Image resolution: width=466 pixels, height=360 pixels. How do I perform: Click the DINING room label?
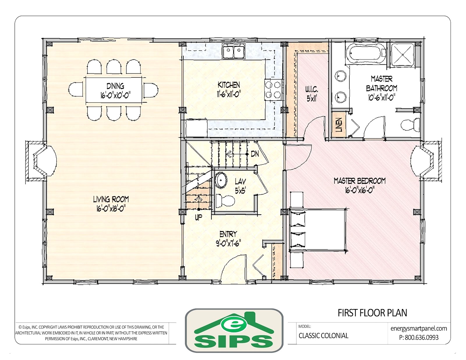click(115, 86)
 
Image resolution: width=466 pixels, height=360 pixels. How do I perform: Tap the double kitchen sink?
click(234, 52)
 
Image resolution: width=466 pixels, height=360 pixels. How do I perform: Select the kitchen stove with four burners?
click(273, 89)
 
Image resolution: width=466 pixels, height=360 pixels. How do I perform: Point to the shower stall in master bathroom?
click(403, 54)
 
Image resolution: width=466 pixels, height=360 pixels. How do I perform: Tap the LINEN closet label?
click(338, 125)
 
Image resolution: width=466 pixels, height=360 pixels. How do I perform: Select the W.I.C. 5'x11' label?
click(312, 94)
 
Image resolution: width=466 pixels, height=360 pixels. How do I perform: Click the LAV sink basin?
click(222, 180)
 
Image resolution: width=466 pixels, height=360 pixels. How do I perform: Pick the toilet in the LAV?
click(225, 200)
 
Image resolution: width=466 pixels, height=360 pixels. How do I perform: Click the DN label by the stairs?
click(255, 153)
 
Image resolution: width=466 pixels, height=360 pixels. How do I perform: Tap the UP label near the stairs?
click(198, 217)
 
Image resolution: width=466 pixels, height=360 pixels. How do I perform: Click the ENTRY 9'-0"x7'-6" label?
click(228, 239)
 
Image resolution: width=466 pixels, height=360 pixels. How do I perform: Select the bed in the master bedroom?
click(317, 230)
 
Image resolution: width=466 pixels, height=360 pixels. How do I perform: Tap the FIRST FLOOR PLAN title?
click(372, 313)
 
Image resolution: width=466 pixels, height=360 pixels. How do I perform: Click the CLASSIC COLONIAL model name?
click(323, 336)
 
